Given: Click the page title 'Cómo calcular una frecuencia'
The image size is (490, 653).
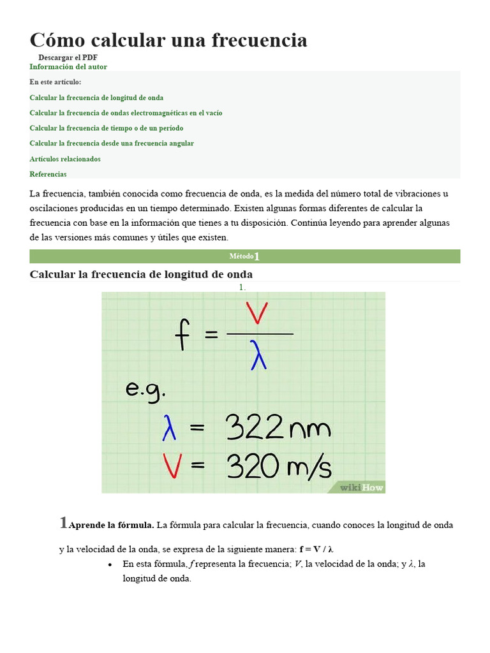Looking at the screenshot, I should click(x=168, y=40).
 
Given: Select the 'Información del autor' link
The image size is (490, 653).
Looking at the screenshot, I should click(x=68, y=67).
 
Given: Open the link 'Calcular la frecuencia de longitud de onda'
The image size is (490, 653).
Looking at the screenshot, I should click(x=96, y=98).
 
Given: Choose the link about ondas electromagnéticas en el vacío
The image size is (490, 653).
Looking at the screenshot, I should click(x=126, y=113).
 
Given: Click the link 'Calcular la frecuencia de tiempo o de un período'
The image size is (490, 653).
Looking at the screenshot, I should click(x=107, y=128).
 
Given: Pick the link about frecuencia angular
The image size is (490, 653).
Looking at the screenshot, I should click(x=112, y=143).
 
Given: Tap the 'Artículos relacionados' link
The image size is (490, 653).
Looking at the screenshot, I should click(x=65, y=159).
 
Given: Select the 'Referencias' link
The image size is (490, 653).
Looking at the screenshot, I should click(x=48, y=174).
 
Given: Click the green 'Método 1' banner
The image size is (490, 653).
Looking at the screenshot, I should click(x=245, y=256).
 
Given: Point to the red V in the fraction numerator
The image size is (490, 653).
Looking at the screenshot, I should click(x=258, y=315).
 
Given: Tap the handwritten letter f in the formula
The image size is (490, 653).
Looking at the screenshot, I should click(x=183, y=334).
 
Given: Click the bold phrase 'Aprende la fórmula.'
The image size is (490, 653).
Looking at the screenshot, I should click(x=111, y=525).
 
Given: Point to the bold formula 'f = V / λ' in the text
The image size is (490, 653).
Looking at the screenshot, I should click(x=316, y=549).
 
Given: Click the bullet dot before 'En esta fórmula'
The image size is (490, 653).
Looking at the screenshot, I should click(x=110, y=564).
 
